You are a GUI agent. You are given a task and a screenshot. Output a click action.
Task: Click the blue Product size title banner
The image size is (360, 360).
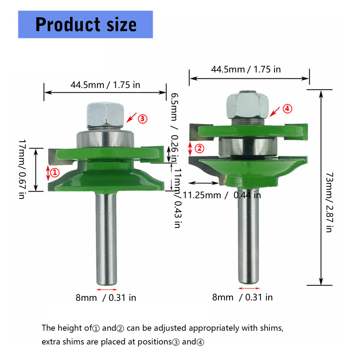[85, 24]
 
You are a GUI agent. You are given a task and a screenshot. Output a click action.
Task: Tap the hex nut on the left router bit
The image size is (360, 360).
[105, 115]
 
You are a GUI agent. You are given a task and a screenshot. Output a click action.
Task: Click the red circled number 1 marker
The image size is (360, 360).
[55, 172]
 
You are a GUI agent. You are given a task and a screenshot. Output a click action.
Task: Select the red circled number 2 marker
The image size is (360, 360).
[199, 149]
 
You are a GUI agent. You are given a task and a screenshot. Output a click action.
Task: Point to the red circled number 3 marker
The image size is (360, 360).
[142, 119]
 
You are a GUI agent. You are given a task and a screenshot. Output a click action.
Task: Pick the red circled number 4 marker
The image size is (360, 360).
[287, 109]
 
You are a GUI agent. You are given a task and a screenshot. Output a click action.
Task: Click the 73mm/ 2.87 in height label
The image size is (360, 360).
[329, 203]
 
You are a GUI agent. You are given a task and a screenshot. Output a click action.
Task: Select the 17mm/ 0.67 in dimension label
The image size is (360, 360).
[22, 169]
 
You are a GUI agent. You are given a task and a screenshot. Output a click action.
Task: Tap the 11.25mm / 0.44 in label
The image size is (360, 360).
[222, 195]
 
